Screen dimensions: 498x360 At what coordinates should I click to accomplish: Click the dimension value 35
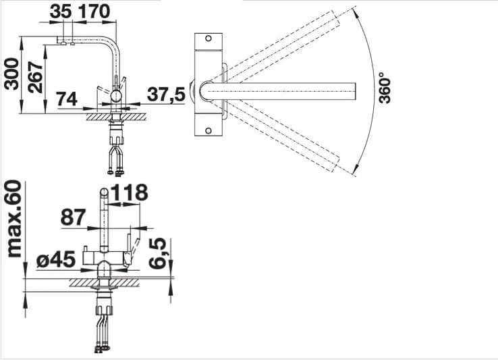tap(61, 11)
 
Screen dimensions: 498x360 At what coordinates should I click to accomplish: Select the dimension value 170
tap(94, 11)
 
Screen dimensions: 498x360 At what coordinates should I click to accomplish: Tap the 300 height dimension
tap(11, 74)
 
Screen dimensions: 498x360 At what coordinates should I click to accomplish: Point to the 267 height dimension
tap(35, 77)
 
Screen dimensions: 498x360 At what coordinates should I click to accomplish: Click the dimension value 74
tap(67, 99)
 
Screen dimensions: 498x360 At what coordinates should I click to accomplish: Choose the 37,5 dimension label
tap(166, 95)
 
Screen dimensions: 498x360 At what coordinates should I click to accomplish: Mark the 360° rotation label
tap(385, 88)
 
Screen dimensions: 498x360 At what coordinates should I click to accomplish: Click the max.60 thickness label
tap(14, 219)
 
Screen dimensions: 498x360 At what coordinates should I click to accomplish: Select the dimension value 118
tap(130, 192)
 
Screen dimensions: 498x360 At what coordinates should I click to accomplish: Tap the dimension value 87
tap(74, 217)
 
